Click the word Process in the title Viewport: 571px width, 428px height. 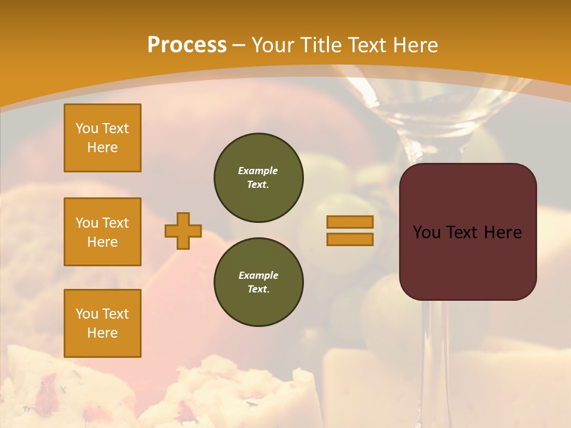(187, 45)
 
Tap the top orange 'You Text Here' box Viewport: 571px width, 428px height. (102, 138)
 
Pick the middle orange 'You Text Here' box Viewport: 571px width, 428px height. (102, 232)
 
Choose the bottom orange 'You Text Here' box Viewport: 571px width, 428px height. (102, 323)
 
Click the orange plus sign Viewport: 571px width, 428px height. (183, 231)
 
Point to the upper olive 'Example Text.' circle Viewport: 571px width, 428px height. (259, 178)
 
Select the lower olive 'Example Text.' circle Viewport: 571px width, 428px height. (259, 282)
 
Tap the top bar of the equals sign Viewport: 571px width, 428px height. (350, 222)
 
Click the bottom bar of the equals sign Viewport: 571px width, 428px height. (350, 239)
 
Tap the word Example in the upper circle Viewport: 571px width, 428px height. (258, 171)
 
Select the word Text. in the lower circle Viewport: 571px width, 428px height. (258, 289)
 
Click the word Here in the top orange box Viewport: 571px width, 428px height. (102, 147)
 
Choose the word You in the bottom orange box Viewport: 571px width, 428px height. (86, 314)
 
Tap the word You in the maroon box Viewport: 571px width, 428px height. (426, 232)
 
